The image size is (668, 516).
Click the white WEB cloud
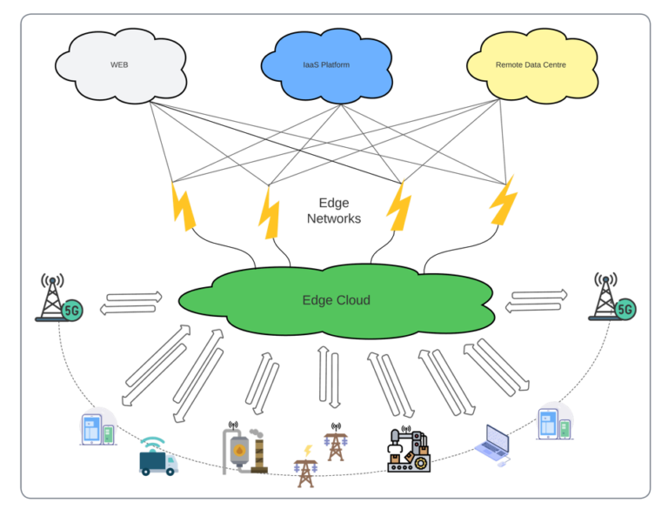pyautogui.click(x=120, y=65)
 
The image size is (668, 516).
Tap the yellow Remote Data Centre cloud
pyautogui.click(x=532, y=65)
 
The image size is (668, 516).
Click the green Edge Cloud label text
pyautogui.click(x=336, y=300)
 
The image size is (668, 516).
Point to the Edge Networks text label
pyautogui.click(x=333, y=211)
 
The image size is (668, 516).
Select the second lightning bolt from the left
pyautogui.click(x=269, y=212)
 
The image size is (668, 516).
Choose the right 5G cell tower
pyautogui.click(x=610, y=297)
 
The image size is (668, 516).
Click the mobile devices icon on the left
pyautogui.click(x=97, y=427)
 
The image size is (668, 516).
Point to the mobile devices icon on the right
pyautogui.click(x=553, y=423)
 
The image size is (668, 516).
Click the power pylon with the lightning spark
pyautogui.click(x=305, y=467)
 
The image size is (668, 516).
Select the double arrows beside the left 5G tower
pyautogui.click(x=131, y=303)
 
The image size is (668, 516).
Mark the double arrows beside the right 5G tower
pyautogui.click(x=537, y=301)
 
